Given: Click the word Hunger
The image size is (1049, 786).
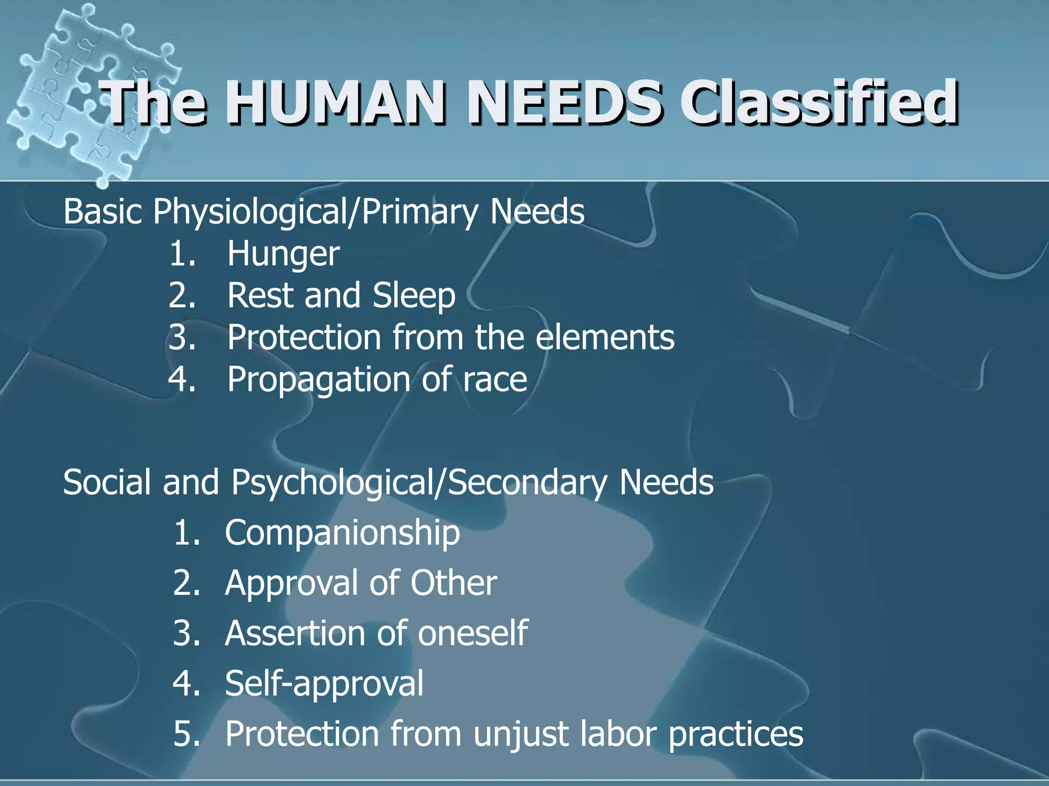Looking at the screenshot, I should click(x=283, y=254).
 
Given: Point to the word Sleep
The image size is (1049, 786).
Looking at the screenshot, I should click(x=414, y=296).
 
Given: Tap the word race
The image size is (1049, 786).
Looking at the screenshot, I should click(x=495, y=380).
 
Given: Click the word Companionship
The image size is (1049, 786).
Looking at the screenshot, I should click(x=342, y=533).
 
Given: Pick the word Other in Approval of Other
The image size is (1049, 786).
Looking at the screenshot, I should click(x=453, y=583).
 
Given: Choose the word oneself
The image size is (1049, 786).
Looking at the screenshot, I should click(x=472, y=633).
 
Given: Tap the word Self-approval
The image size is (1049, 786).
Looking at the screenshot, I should click(x=324, y=684).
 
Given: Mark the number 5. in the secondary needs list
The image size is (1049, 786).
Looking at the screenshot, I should click(x=186, y=734).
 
